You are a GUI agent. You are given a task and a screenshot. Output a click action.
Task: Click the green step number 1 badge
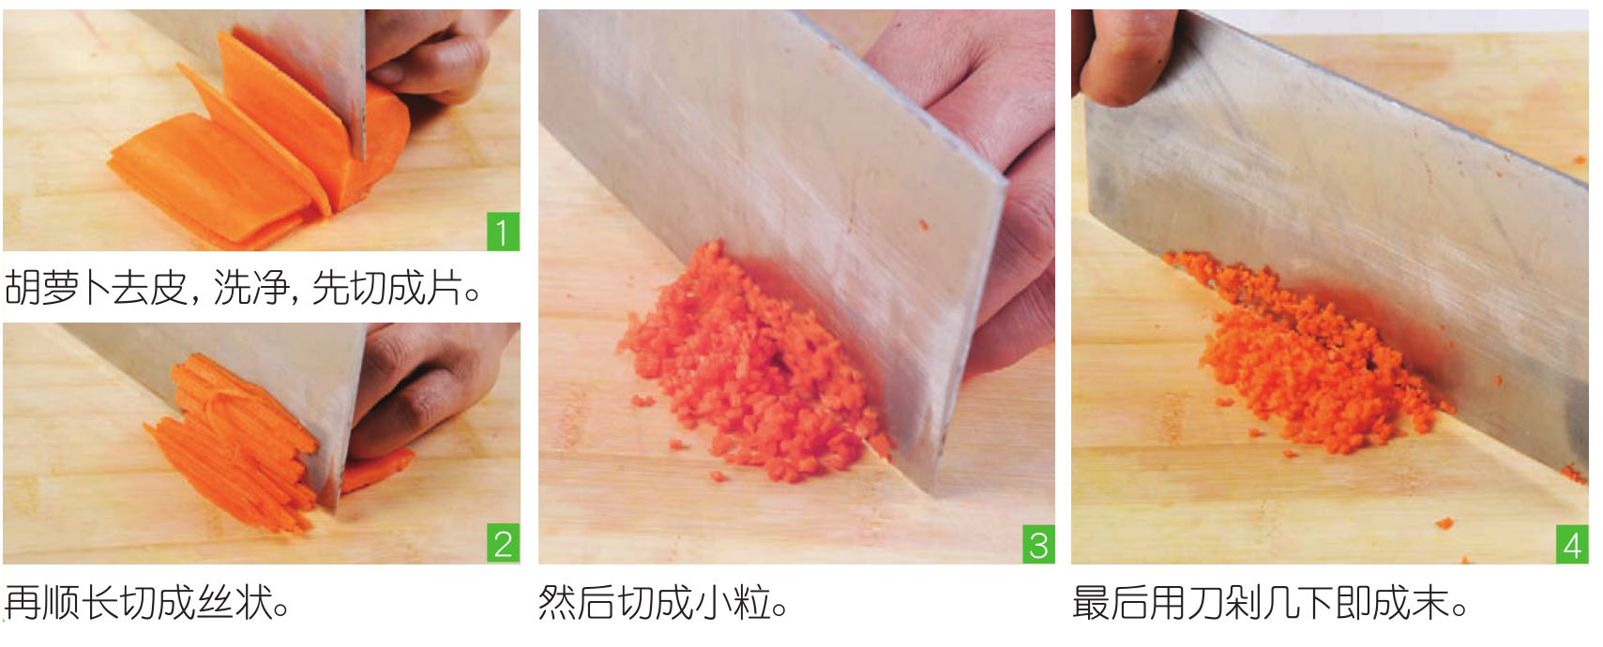(x=503, y=232)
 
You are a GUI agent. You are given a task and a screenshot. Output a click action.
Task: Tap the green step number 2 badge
(x=503, y=543)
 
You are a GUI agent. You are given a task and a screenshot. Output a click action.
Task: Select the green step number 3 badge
(x=1038, y=544)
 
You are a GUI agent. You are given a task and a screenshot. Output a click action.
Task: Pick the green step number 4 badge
(x=1572, y=544)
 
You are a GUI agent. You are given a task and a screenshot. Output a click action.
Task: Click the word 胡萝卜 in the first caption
(x=56, y=288)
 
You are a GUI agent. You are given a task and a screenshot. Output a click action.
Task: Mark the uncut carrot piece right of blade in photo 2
(x=376, y=469)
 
